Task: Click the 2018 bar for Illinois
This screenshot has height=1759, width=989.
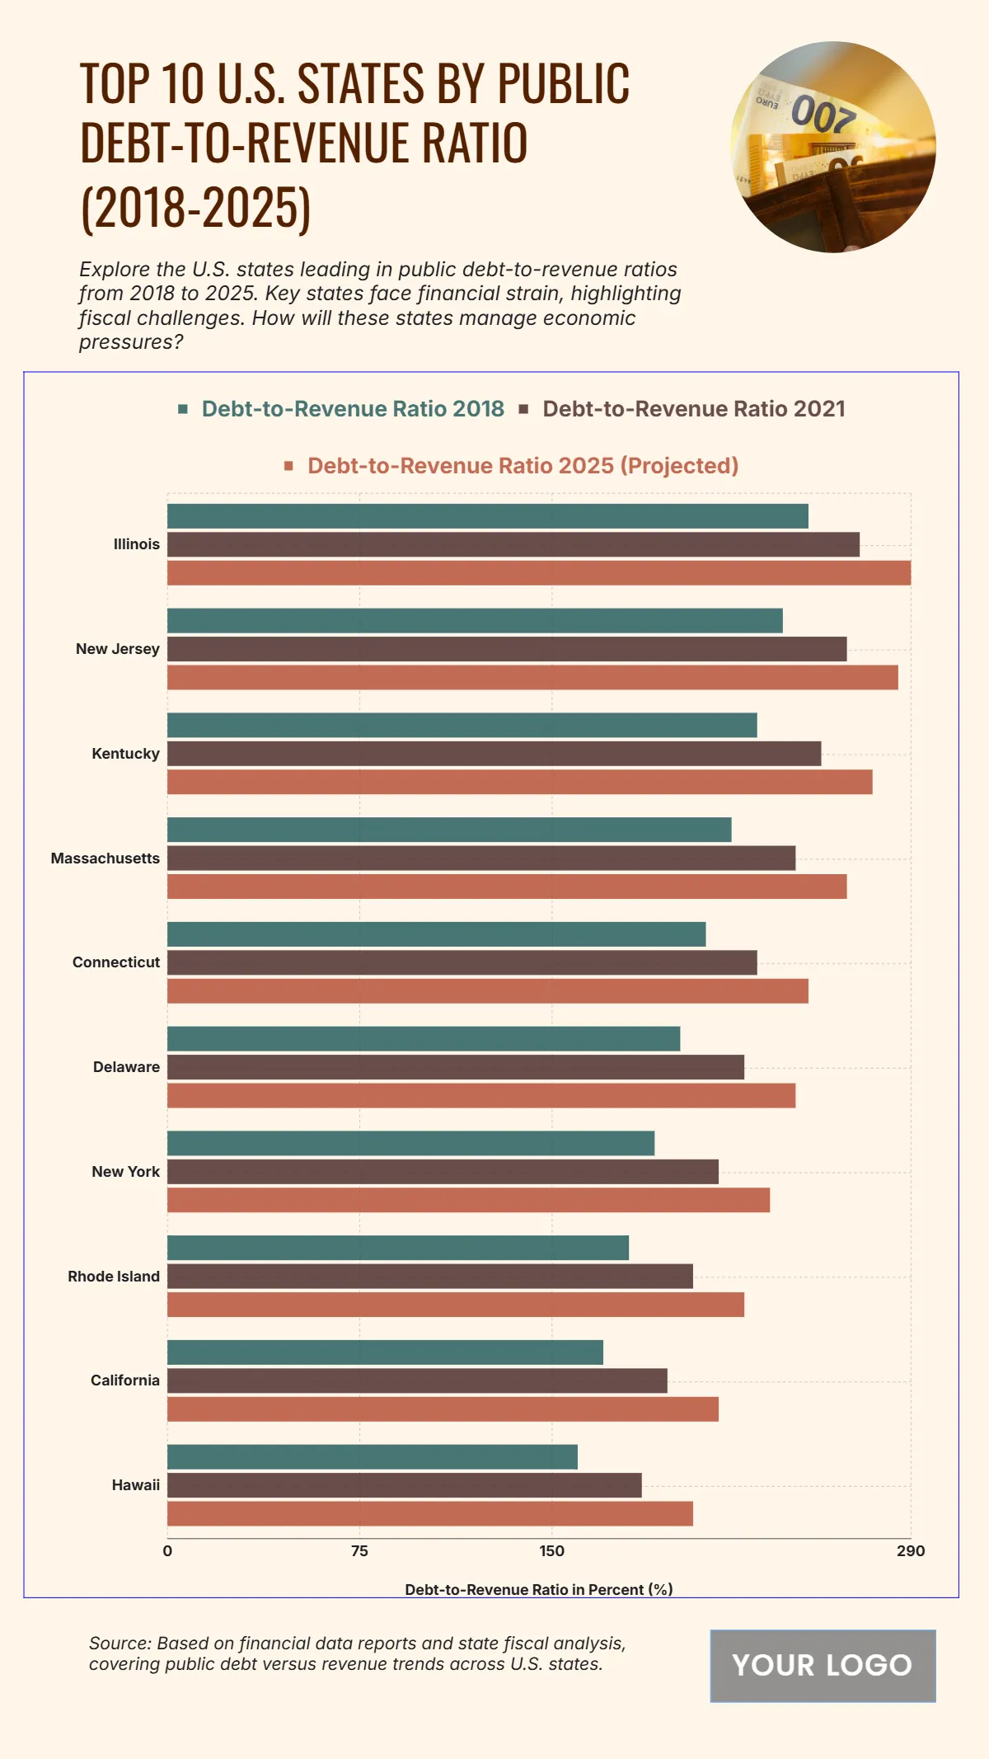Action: (487, 516)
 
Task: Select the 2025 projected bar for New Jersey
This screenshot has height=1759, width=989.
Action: (532, 678)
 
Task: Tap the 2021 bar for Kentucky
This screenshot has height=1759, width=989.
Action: (494, 754)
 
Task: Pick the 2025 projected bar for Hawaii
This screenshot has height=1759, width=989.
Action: (429, 1514)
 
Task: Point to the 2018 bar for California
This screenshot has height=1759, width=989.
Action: (385, 1352)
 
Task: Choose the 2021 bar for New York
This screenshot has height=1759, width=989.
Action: (443, 1172)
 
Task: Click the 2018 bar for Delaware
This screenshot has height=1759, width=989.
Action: (424, 1039)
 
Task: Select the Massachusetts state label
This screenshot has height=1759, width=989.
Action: (105, 858)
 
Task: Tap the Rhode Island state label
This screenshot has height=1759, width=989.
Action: (114, 1277)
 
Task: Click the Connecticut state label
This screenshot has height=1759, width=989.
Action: (116, 962)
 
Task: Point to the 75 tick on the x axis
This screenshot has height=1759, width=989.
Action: (359, 1551)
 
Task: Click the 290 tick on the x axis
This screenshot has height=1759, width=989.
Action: (911, 1551)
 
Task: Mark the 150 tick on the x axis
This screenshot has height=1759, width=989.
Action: (552, 1551)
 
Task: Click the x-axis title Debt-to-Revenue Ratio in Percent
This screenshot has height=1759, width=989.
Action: (538, 1589)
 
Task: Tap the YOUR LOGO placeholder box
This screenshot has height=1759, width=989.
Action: (823, 1666)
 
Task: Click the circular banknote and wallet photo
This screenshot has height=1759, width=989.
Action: (833, 147)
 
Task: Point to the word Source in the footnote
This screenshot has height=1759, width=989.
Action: (120, 1644)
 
